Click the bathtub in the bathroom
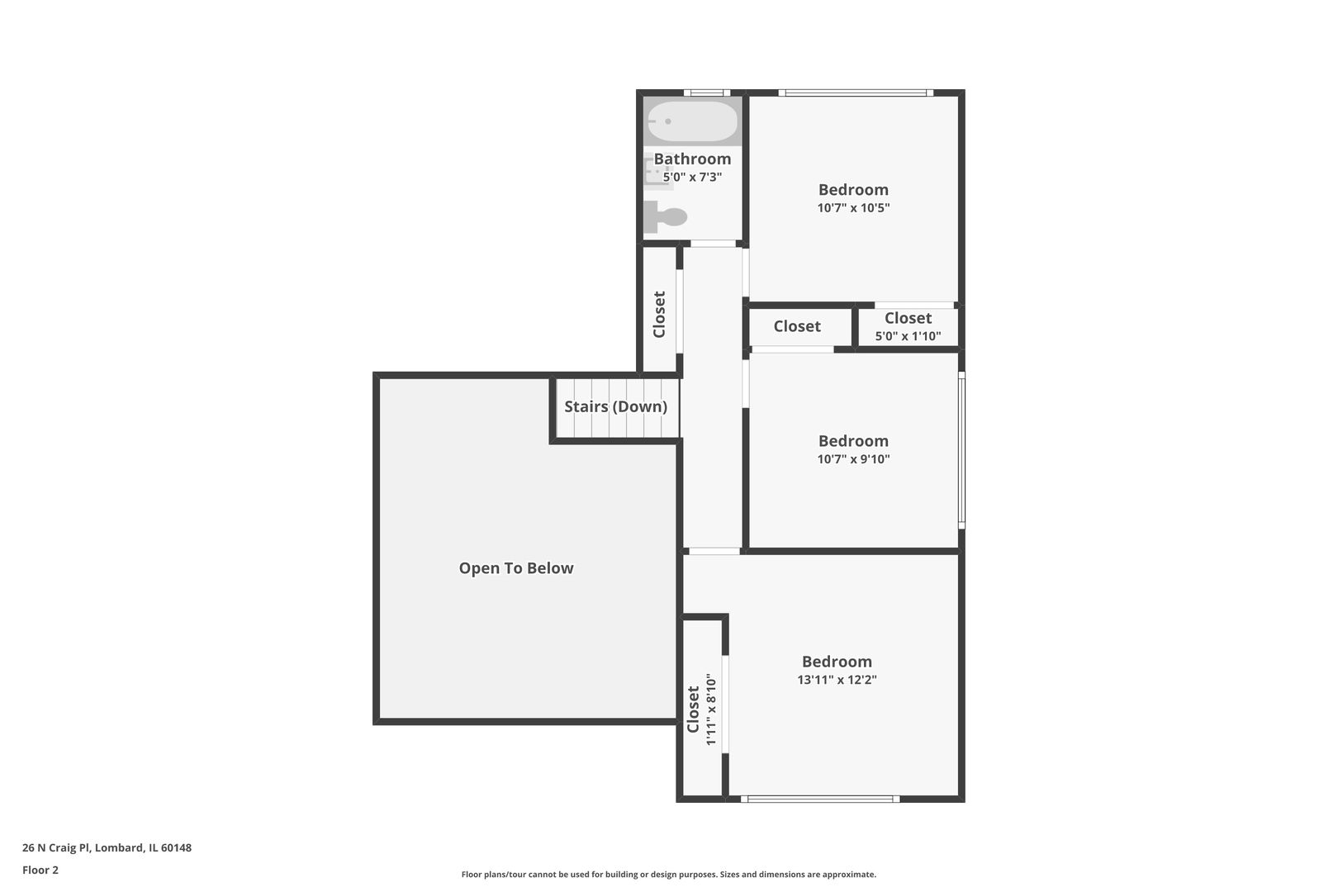pos(692,121)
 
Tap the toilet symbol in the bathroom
pos(667,217)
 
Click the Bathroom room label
pos(692,159)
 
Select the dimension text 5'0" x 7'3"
pos(692,177)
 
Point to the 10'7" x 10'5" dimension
pos(853,208)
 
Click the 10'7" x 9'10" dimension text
pos(853,459)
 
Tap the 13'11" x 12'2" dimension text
pos(837,680)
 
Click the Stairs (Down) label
pos(615,406)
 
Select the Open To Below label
pos(516,568)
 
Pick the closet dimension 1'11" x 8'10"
pos(710,709)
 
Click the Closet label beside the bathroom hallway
pos(659,315)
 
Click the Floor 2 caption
pos(40,870)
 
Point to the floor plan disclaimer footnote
pos(668,875)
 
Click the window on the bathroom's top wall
pos(706,93)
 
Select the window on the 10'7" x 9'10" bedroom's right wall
pos(961,450)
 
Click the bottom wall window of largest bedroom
pos(819,799)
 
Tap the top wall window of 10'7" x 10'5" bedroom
pos(855,93)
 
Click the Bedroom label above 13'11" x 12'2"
pos(837,662)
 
